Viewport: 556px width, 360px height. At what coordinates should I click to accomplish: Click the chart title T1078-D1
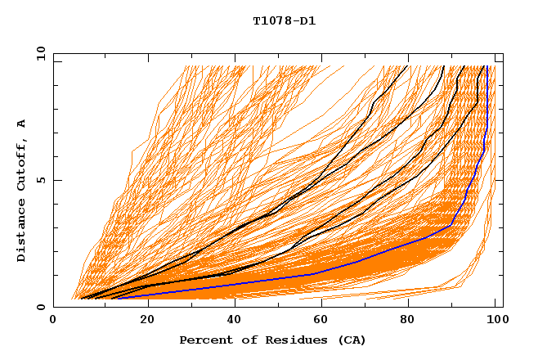pyautogui.click(x=278, y=21)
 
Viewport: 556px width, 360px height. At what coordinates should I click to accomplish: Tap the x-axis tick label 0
pyautogui.click(x=53, y=321)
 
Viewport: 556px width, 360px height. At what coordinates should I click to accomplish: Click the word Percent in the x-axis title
pyautogui.click(x=205, y=340)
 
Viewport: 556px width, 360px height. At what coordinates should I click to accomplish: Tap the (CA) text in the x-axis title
pyautogui.click(x=350, y=340)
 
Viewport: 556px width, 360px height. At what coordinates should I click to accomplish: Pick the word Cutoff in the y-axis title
pyautogui.click(x=21, y=165)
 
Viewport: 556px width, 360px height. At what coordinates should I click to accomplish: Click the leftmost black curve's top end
pyautogui.click(x=407, y=66)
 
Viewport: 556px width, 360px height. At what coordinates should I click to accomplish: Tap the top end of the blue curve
pyautogui.click(x=487, y=66)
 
